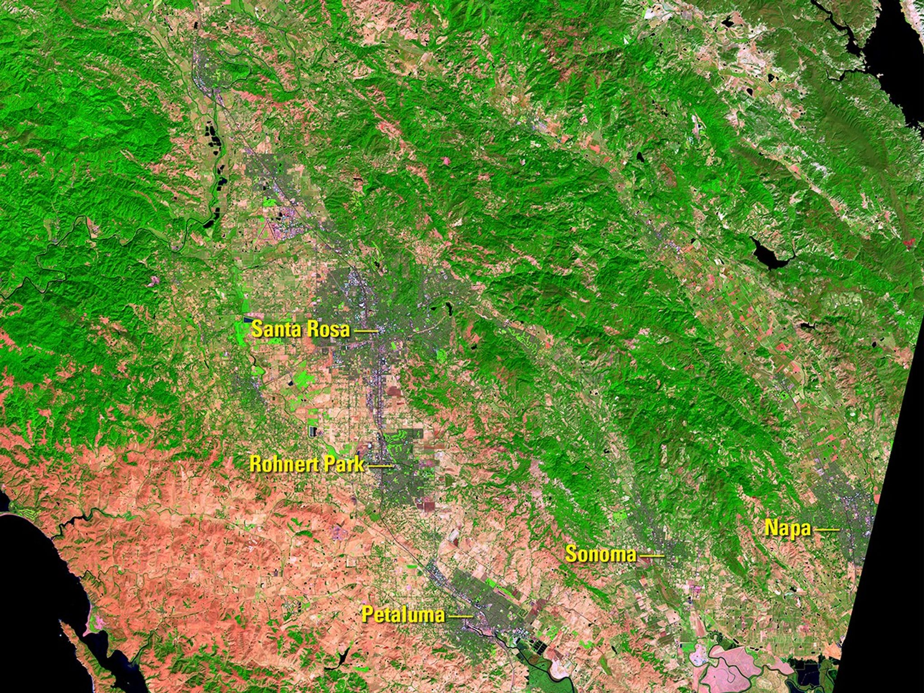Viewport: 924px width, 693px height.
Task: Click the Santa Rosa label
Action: (x=301, y=329)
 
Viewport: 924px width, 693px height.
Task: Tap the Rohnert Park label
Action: (x=307, y=464)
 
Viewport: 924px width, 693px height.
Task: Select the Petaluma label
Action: (x=403, y=614)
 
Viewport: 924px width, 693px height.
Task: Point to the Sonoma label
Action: (x=601, y=554)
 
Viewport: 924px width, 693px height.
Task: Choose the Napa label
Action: (x=787, y=528)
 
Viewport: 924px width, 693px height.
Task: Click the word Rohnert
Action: (x=285, y=464)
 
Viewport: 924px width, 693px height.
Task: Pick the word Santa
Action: (x=275, y=329)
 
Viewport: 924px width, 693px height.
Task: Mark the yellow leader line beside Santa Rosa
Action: (x=366, y=332)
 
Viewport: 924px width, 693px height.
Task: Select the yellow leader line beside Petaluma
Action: (x=461, y=616)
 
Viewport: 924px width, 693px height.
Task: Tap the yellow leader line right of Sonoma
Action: (x=651, y=556)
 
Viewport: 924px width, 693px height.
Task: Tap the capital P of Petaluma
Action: (x=368, y=614)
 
